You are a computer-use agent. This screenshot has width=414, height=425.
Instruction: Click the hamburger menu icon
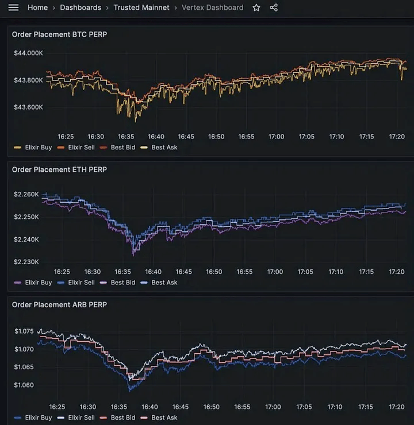pos(14,7)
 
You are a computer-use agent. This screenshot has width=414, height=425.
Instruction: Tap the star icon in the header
pos(256,7)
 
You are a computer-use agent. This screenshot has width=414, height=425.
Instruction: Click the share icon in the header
pos(274,7)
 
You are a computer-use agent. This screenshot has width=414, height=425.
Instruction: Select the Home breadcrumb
pos(37,7)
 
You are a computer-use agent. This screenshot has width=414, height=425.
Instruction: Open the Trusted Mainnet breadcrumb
pos(141,7)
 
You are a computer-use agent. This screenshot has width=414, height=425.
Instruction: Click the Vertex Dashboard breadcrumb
pos(212,7)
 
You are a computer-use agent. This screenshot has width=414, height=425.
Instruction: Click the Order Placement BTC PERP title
pos(59,34)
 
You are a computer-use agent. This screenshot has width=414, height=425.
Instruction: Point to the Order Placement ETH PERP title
pos(59,169)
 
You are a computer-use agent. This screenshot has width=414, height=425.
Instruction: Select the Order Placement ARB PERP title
pos(59,304)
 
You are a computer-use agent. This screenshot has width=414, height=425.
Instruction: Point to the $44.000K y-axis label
pos(28,53)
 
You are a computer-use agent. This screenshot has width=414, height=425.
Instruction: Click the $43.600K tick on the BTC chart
pos(28,107)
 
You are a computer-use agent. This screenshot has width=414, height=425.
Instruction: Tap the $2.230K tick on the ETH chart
pos(26,261)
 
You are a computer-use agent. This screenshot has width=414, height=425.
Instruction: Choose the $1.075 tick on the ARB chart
pos(24,331)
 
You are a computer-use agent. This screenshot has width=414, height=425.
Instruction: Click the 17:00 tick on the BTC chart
pos(276,137)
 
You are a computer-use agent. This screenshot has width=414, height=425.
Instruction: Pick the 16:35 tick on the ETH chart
pos(122,272)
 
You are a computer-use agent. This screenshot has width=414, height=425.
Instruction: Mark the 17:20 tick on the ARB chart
pos(397,407)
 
